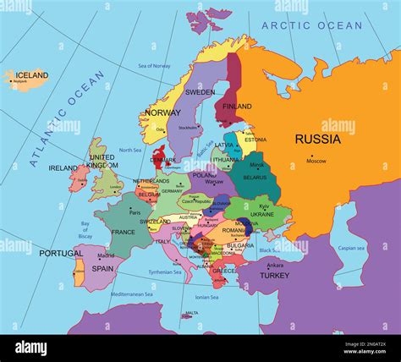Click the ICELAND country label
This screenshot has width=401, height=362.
point(31,75)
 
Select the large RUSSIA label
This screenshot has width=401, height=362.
point(317,139)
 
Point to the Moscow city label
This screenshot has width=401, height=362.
point(316,161)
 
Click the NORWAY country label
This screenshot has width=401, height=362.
point(162,112)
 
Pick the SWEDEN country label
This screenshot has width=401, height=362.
point(200,91)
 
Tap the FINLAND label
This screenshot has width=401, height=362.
point(237,107)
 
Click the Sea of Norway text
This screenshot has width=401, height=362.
point(154,65)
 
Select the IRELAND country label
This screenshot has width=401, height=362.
point(63,168)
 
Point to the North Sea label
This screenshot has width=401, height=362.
point(130,150)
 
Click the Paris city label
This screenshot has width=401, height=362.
point(135,212)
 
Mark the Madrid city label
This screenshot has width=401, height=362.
point(105,255)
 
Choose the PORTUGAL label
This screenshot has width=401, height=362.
point(61,253)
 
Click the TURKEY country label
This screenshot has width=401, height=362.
point(274,275)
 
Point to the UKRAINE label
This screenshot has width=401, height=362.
point(262,215)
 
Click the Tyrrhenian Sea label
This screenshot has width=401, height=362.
point(165,272)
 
